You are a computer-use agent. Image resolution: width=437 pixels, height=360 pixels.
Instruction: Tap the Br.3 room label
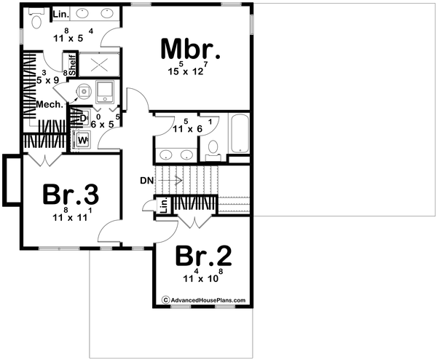70,194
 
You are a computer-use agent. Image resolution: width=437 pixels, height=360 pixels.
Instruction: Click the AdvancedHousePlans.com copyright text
203,300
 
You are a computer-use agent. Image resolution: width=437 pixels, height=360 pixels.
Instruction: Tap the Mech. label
50,105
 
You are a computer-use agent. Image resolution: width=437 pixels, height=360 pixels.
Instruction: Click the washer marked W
82,138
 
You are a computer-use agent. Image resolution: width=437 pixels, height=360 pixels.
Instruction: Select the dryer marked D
82,117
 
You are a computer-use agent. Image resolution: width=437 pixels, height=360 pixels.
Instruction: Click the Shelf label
73,65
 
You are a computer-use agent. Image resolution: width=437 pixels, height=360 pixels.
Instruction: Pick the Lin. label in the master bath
61,13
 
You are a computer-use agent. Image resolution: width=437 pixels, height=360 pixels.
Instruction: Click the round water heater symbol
83,91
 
